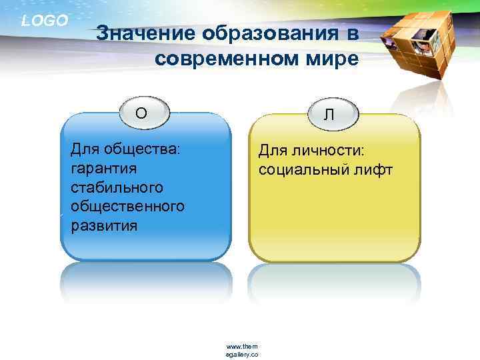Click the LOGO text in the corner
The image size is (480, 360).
[45, 21]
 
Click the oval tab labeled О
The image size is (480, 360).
[141, 113]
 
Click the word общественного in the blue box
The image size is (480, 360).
[127, 206]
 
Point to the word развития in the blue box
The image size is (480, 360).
[104, 225]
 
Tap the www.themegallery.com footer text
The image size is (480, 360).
[242, 350]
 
